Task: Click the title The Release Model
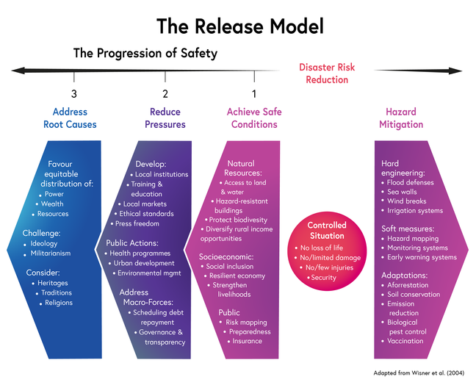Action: (x=239, y=26)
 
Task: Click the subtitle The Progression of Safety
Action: (x=145, y=54)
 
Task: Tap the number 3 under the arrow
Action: (x=74, y=93)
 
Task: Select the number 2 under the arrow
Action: (x=165, y=93)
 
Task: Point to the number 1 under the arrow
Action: (x=254, y=93)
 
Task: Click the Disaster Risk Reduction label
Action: (x=327, y=73)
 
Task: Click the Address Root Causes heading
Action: (x=74, y=118)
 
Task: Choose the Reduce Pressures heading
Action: (x=165, y=118)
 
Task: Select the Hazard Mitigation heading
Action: (x=401, y=118)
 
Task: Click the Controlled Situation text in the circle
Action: (x=326, y=231)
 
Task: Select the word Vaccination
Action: (x=405, y=340)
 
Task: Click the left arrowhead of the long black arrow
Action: (x=16, y=71)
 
